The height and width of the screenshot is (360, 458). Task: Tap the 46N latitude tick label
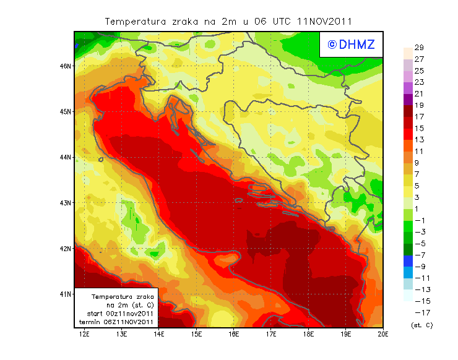coord(66,66)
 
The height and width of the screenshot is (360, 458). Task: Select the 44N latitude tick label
coord(66,157)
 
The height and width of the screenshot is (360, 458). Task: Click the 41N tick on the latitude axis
coord(66,294)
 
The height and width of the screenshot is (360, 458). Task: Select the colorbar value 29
coord(418,48)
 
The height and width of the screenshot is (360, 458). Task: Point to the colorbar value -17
coord(418,312)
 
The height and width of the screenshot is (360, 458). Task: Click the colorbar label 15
coord(418,129)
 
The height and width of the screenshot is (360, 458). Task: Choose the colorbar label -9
coord(418,267)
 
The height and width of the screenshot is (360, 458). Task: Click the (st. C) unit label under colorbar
coord(421,325)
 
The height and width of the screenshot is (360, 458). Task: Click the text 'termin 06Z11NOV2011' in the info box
coord(115,322)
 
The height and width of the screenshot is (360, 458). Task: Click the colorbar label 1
coord(418,209)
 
